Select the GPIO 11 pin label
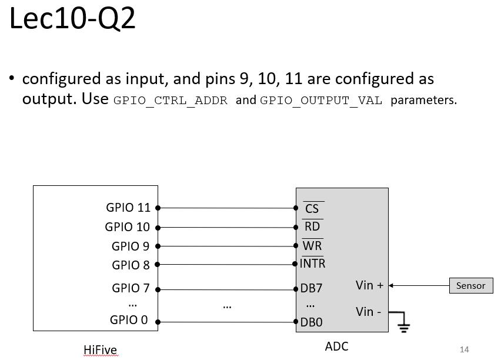click(128, 208)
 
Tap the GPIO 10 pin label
click(127, 227)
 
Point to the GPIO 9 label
click(131, 246)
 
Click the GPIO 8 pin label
click(131, 265)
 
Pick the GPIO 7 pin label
click(131, 288)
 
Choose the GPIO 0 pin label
click(129, 321)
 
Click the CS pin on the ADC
click(312, 209)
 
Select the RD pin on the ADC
click(312, 227)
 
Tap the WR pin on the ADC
click(312, 246)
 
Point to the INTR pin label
click(313, 264)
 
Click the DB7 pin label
click(312, 289)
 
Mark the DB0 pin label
click(312, 322)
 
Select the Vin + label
click(369, 285)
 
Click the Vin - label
click(369, 312)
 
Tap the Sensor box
click(471, 286)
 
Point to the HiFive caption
click(100, 351)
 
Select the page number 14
click(465, 349)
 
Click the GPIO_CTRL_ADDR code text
click(171, 101)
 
